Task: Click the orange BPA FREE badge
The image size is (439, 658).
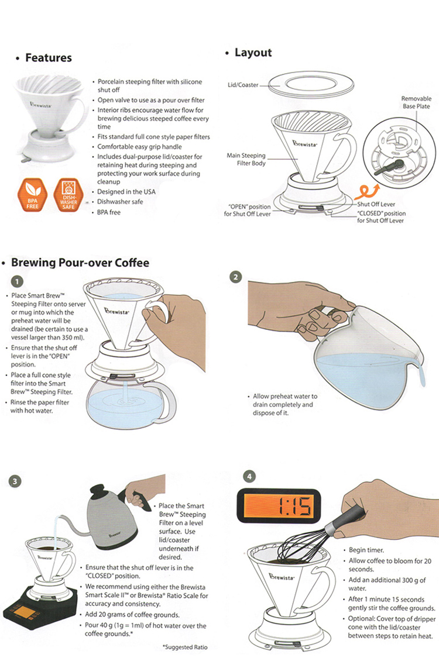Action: point(32,195)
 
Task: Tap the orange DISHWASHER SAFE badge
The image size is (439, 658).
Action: point(68,195)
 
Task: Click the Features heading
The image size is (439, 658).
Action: point(49,58)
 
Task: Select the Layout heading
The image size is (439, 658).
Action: point(253,53)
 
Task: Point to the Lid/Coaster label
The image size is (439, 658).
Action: point(243,85)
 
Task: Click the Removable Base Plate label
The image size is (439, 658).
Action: point(416,102)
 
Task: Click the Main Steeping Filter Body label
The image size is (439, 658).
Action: point(246,159)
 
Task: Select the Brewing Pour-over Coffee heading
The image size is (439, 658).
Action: point(80,263)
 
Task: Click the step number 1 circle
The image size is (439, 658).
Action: point(17,281)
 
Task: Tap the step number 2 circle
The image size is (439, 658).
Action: point(236,277)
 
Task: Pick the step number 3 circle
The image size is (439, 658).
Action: point(15,481)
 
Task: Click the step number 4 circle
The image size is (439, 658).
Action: point(249,477)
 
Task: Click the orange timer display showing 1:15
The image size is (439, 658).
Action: point(279,506)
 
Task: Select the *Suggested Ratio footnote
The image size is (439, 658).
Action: point(185,647)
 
